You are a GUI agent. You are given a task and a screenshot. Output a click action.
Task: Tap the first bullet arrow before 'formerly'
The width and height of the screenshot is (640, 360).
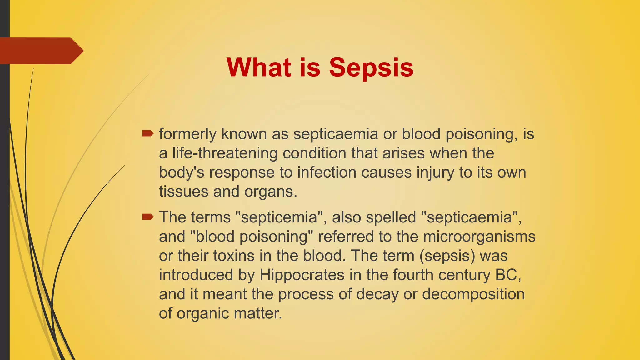(148, 134)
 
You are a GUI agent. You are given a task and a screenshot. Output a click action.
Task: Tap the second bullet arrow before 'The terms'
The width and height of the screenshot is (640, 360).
(148, 217)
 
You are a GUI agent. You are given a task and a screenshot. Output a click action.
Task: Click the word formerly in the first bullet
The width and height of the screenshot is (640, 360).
(187, 134)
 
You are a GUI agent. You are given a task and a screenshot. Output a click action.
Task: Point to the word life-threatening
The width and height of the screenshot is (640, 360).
(225, 153)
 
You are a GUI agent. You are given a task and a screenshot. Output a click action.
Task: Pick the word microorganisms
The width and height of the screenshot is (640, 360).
(479, 237)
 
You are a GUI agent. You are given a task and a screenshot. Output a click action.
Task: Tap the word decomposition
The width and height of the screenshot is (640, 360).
(473, 294)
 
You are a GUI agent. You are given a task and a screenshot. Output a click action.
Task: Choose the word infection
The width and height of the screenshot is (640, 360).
(327, 172)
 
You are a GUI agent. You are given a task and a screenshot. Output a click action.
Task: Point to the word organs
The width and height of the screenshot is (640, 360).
(271, 192)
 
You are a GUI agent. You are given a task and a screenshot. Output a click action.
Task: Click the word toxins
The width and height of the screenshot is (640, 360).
(234, 256)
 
